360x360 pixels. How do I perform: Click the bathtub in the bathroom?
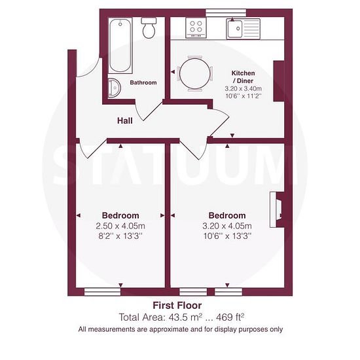[120, 46]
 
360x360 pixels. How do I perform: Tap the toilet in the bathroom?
[149, 28]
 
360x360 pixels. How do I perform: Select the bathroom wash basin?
[114, 88]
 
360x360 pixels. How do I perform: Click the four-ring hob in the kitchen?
[196, 27]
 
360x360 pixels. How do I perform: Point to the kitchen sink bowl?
[234, 29]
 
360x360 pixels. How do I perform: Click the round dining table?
[195, 73]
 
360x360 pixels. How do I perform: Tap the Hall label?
[125, 121]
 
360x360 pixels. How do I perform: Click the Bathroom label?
[143, 82]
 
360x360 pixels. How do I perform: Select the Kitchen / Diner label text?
[243, 77]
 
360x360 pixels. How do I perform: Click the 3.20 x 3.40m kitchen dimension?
[243, 88]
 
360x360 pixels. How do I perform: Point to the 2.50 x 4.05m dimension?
[120, 226]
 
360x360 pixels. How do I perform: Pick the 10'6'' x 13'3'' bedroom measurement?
[227, 236]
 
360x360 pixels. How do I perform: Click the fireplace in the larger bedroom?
[277, 210]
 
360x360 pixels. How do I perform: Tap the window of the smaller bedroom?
[102, 292]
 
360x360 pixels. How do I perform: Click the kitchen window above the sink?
[226, 12]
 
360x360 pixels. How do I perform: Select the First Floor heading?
[177, 306]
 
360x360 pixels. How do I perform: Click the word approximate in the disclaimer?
[170, 329]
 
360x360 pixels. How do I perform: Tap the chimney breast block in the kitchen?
[279, 81]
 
